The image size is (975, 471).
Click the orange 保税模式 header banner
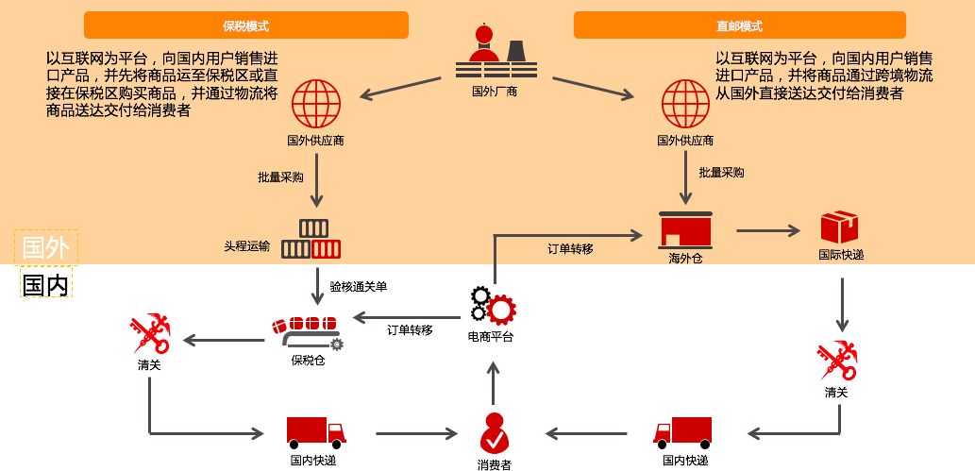pyautogui.click(x=245, y=25)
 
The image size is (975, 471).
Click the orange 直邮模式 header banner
pyautogui.click(x=739, y=25)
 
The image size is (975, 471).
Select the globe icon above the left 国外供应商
pyautogui.click(x=315, y=104)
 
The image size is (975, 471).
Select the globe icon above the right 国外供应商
pyautogui.click(x=685, y=104)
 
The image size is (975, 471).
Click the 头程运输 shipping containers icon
pyautogui.click(x=311, y=240)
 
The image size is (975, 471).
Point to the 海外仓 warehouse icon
pyautogui.click(x=685, y=229)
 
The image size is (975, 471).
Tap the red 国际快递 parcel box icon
pyautogui.click(x=839, y=227)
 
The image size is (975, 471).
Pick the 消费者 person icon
pyautogui.click(x=494, y=433)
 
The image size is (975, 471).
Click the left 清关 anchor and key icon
pyautogui.click(x=149, y=335)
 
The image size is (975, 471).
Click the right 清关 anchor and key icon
pyautogui.click(x=836, y=361)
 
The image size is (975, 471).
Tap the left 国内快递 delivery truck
pyautogui.click(x=314, y=432)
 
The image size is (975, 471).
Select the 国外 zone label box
pyautogui.click(x=45, y=247)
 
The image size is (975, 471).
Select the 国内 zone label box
pyautogui.click(x=45, y=283)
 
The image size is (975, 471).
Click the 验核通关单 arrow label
pyautogui.click(x=358, y=286)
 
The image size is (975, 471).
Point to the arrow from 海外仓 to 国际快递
pyautogui.click(x=768, y=229)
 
